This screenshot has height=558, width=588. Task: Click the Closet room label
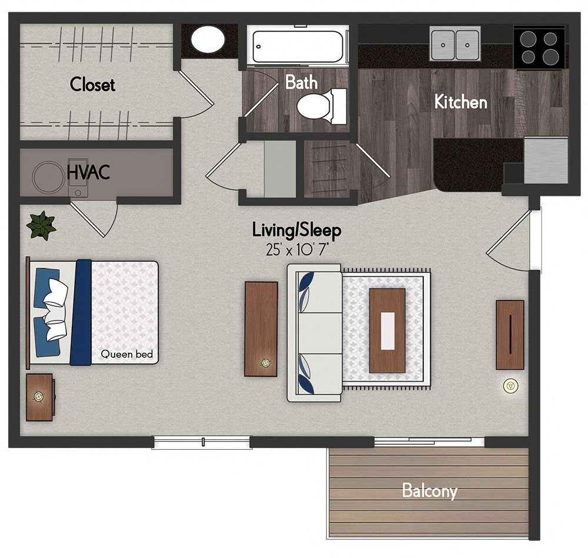click(92, 85)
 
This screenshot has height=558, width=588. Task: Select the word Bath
click(301, 82)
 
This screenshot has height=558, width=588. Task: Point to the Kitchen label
click(460, 102)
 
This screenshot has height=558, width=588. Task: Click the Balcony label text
click(429, 491)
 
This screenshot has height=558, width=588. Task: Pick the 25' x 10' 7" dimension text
click(296, 249)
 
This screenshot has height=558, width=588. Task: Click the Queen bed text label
click(127, 354)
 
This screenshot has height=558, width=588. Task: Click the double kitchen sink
click(455, 43)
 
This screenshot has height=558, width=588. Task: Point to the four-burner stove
click(539, 48)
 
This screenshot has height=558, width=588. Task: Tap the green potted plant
click(41, 225)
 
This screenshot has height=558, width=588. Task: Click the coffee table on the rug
click(387, 330)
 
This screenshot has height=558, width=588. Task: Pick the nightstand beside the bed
click(40, 397)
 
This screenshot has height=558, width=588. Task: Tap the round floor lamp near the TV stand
click(510, 386)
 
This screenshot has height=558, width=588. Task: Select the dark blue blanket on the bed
click(81, 312)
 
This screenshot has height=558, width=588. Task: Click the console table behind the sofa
click(260, 329)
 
